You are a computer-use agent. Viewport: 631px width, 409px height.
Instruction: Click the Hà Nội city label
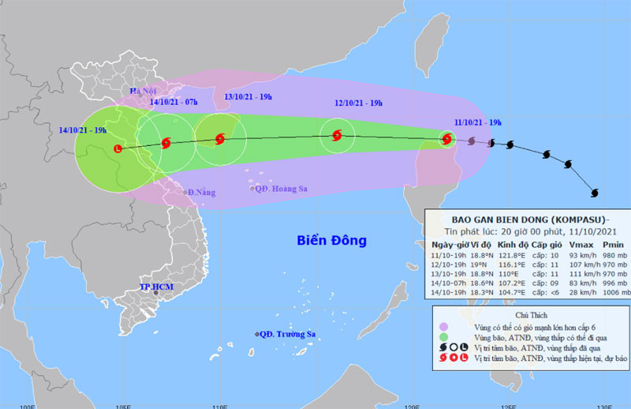point(145,92)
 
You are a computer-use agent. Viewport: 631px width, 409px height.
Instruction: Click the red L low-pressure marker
point(119,148)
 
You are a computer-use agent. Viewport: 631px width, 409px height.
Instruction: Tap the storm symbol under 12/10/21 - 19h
point(337,135)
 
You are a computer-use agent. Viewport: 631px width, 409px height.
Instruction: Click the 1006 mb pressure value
point(614,292)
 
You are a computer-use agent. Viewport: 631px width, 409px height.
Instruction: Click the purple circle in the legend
point(443,327)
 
